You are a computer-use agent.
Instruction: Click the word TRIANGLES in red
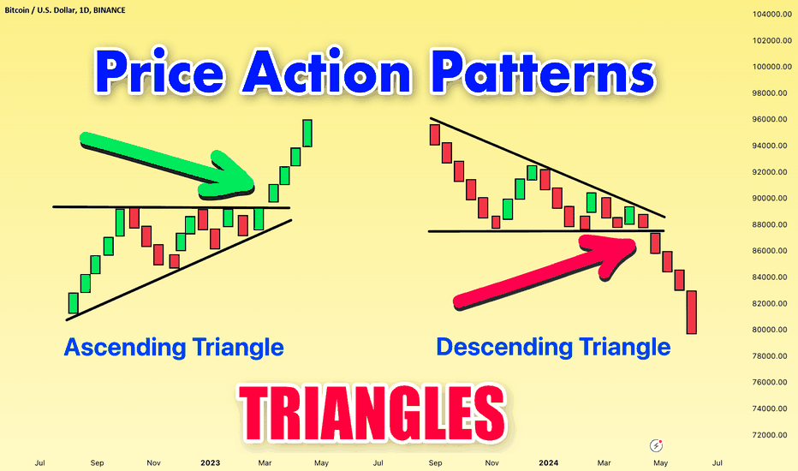coord(372,413)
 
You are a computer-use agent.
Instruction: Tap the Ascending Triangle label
coord(174,349)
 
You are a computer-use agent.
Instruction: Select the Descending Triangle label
coord(553,348)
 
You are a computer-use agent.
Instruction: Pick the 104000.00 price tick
coord(772,15)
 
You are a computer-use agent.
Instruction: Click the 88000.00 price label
coord(772,224)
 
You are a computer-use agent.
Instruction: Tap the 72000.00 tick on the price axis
coord(772,435)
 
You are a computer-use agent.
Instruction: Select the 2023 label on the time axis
coord(210,462)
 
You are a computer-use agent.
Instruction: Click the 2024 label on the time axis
coord(549,462)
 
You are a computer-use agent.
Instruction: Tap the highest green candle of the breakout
coord(307,134)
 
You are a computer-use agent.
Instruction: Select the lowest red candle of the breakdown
coord(691,312)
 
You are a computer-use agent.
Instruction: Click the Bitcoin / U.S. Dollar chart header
coord(65,10)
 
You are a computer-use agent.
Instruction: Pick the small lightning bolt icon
coord(657,445)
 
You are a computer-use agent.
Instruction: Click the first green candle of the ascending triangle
coord(74,303)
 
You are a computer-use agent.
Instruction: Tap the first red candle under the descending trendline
coord(435,135)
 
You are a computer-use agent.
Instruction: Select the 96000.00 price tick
coord(772,119)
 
